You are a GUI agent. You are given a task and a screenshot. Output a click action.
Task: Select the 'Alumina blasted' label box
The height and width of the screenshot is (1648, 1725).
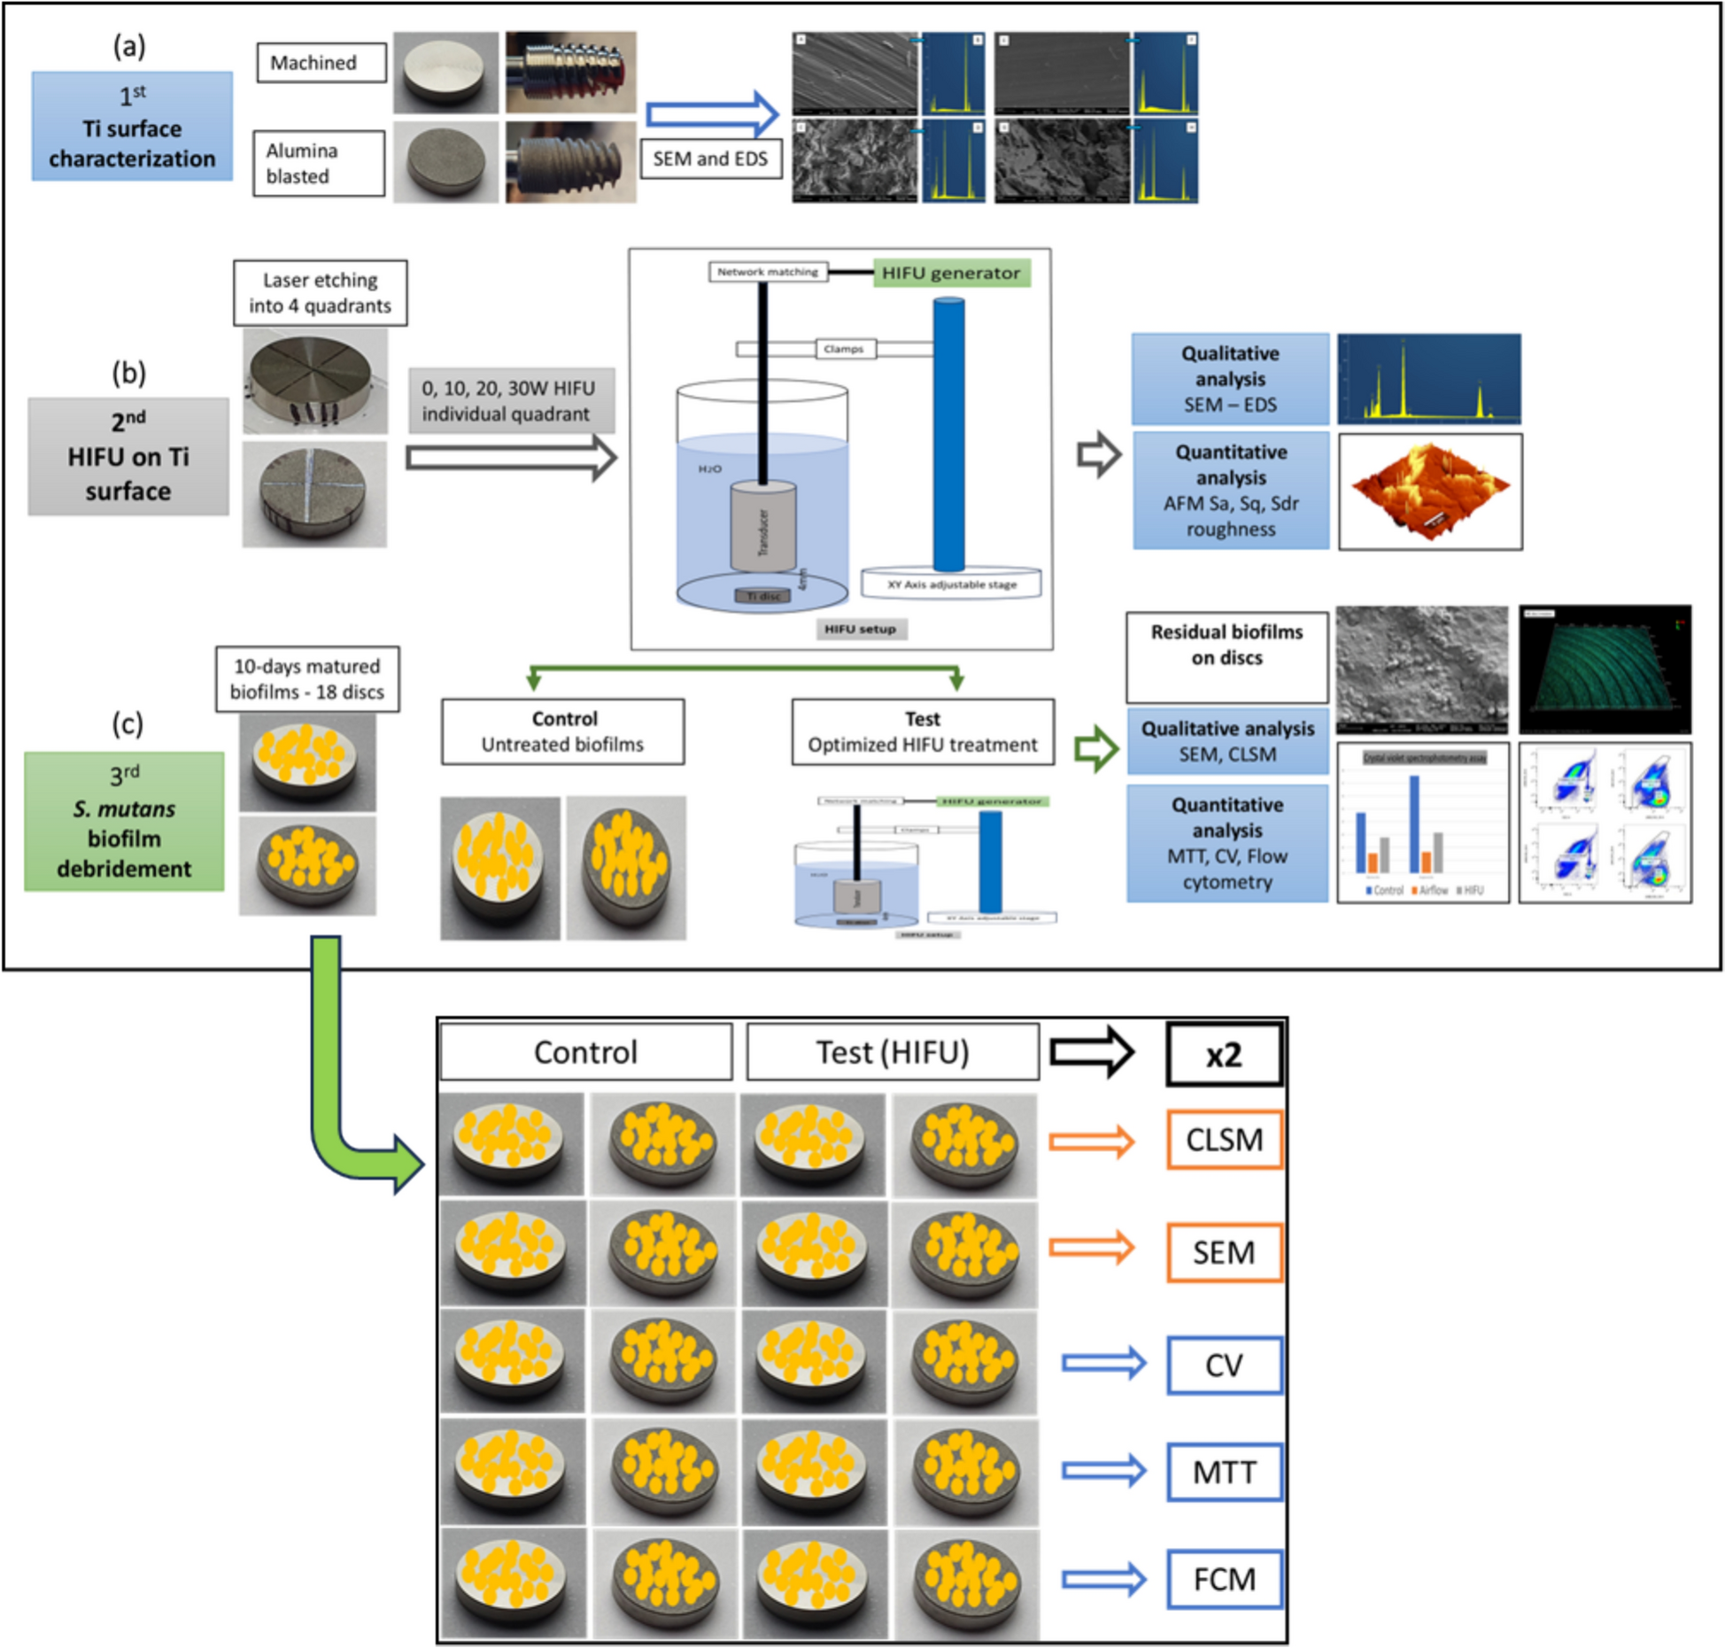click(319, 163)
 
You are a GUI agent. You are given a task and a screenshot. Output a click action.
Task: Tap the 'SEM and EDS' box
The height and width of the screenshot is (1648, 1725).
click(710, 159)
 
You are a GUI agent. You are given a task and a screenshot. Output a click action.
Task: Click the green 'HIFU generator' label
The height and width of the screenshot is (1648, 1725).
click(950, 273)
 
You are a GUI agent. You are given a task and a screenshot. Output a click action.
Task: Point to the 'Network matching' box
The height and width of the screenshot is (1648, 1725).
click(767, 272)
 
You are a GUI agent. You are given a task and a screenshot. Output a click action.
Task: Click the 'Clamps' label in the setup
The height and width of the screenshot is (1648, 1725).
click(843, 349)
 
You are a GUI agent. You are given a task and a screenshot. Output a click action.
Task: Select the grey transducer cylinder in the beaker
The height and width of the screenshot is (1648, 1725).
click(762, 528)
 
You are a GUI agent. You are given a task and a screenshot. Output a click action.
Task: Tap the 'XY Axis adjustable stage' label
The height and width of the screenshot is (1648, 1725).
click(951, 584)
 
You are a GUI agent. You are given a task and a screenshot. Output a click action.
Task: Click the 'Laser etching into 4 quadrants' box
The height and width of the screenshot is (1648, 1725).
click(320, 293)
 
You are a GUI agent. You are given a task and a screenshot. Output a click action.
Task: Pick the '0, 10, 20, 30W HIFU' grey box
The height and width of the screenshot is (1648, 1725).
click(510, 401)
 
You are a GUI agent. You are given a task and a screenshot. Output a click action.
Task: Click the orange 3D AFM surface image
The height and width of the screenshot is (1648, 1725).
click(1429, 491)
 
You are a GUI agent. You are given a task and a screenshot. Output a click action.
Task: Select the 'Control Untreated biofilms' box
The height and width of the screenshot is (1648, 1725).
click(562, 731)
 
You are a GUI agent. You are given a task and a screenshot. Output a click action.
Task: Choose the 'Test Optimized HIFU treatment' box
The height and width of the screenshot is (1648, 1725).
click(922, 731)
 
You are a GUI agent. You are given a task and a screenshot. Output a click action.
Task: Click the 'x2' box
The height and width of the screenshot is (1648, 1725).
click(1223, 1055)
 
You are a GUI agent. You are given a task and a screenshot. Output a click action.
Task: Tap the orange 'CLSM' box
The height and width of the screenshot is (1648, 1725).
click(1223, 1140)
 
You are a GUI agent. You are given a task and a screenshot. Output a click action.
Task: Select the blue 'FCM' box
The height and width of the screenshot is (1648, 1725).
click(1223, 1579)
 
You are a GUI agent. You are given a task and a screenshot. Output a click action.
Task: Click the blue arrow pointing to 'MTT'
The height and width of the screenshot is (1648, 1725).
click(1103, 1472)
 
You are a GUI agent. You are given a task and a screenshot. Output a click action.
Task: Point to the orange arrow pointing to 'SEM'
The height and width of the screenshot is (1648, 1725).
click(1091, 1248)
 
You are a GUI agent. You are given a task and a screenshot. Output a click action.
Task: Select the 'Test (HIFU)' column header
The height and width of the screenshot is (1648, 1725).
click(892, 1053)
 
